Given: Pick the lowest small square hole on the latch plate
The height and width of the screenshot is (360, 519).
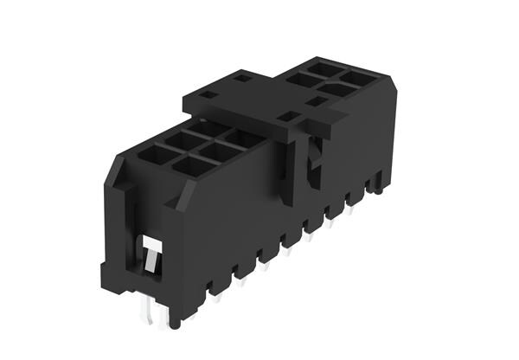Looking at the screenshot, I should (285, 115).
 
